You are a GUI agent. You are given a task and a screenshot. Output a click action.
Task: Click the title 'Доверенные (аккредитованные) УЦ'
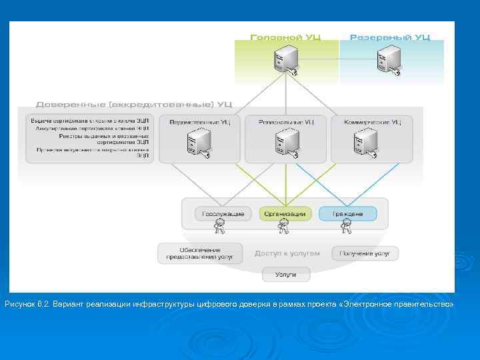(134, 105)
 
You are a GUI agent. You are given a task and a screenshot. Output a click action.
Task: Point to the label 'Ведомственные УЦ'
(200, 122)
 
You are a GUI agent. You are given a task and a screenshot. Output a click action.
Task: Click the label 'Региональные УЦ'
(285, 122)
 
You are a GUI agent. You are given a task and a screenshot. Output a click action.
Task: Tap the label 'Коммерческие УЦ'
(373, 122)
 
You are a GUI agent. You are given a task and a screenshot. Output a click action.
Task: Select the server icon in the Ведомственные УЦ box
(199, 143)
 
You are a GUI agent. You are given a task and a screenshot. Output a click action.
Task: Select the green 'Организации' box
(285, 214)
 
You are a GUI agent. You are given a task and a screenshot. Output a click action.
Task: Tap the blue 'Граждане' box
(347, 214)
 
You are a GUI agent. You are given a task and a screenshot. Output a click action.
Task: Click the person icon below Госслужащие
(219, 229)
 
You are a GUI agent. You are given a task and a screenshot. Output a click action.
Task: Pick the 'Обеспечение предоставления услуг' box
(200, 253)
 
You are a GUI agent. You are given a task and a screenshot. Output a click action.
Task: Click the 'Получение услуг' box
(364, 253)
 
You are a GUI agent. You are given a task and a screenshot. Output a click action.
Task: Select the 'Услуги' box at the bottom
(286, 274)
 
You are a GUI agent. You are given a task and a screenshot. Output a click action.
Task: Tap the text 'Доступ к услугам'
(287, 253)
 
